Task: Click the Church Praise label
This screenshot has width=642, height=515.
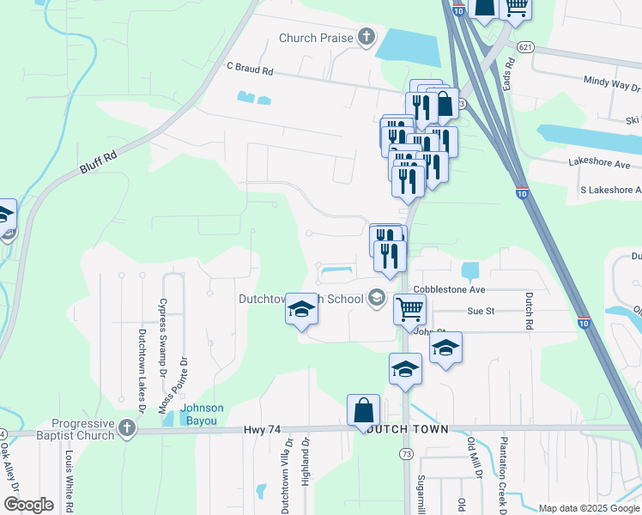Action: [317, 38]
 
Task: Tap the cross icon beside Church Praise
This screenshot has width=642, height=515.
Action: [367, 36]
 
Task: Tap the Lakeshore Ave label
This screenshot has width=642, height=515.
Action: [599, 163]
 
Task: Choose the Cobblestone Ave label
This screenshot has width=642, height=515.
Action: [449, 290]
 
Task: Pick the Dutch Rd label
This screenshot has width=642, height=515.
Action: [529, 312]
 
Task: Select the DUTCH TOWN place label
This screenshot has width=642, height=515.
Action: [405, 429]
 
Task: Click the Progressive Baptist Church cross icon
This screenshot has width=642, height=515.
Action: [127, 428]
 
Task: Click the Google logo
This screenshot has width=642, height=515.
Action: [28, 505]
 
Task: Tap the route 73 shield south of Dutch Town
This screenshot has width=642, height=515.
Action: [406, 452]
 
